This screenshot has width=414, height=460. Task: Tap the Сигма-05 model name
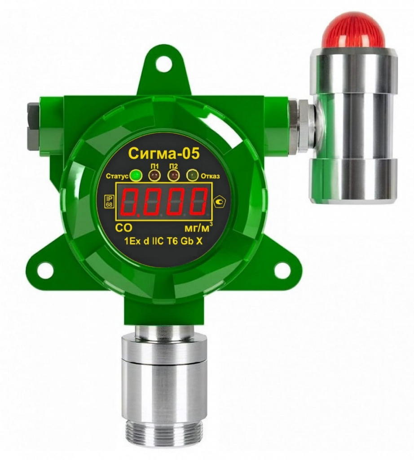(x=164, y=153)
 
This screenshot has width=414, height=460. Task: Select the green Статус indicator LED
(x=136, y=176)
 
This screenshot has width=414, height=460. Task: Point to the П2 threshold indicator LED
(x=173, y=176)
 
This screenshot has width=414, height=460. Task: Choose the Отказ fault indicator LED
(x=192, y=176)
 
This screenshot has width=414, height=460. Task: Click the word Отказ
(x=210, y=176)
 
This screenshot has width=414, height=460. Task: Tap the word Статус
(x=117, y=177)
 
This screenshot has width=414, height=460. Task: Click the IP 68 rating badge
(x=109, y=202)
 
